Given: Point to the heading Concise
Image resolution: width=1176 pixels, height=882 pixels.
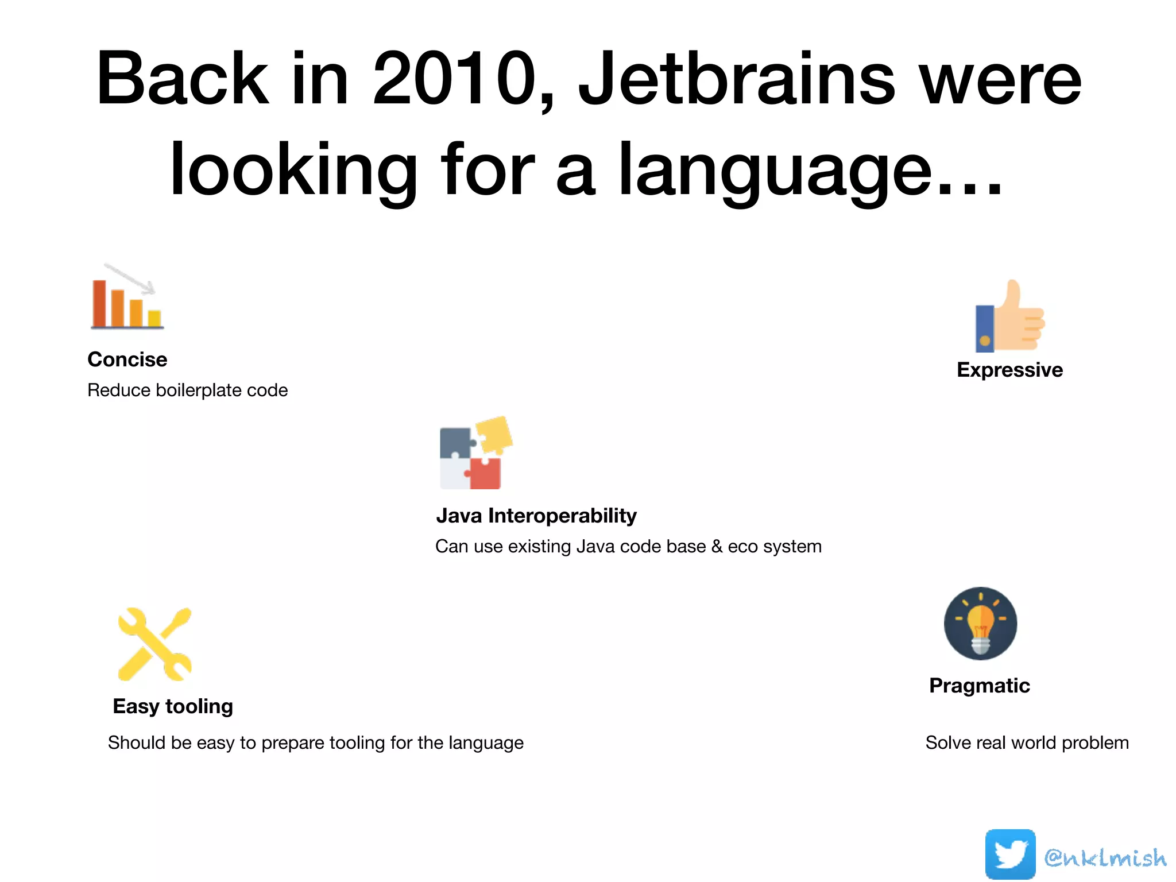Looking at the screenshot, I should (127, 359).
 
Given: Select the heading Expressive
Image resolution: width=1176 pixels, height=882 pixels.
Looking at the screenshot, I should (1009, 370).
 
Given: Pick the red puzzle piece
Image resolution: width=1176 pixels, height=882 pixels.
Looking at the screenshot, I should (485, 473).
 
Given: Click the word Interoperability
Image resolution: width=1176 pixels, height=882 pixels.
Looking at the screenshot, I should (562, 516).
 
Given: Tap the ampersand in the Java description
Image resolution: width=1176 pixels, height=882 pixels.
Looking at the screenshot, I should (717, 547).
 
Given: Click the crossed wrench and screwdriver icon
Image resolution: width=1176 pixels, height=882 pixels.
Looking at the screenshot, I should (154, 644).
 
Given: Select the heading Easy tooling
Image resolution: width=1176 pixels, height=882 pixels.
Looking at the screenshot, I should (173, 706).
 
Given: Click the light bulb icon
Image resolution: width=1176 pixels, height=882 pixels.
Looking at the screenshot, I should (980, 624).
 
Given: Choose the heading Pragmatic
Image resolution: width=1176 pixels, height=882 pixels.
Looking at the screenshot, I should (979, 686).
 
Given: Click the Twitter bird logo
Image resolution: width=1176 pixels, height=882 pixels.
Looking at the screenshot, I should (1010, 854).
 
